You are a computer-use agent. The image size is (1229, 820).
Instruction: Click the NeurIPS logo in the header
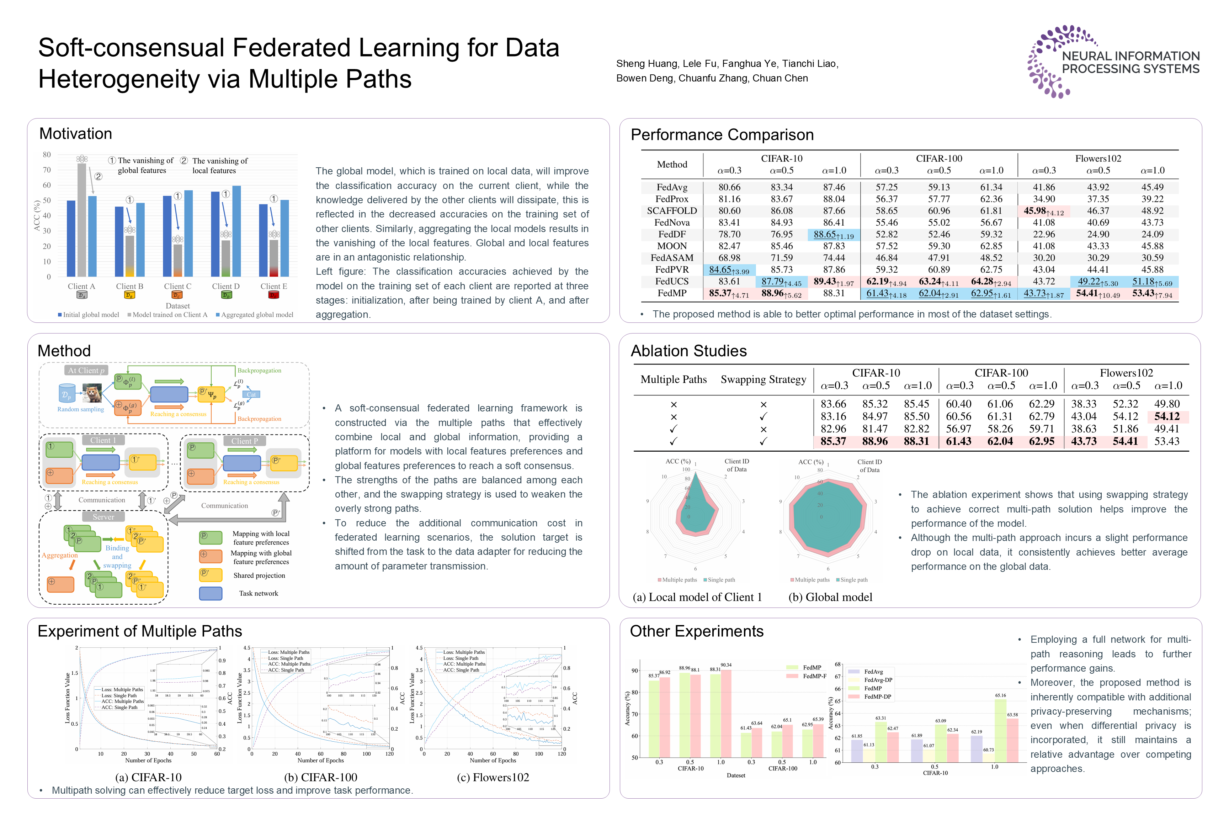pyautogui.click(x=1113, y=62)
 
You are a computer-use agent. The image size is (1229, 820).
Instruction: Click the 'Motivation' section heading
pyautogui.click(x=76, y=134)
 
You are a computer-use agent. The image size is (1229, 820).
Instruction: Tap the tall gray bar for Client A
pyautogui.click(x=81, y=220)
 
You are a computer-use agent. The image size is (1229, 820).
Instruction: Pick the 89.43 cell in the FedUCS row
pyautogui.click(x=834, y=282)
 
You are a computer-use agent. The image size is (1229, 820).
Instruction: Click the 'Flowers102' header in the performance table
pyautogui.click(x=1098, y=158)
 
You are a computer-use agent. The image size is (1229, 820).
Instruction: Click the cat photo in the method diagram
pyautogui.click(x=92, y=393)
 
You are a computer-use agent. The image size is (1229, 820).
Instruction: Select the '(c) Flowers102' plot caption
pyautogui.click(x=493, y=778)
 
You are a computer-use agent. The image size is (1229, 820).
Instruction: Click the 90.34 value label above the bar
pyautogui.click(x=726, y=665)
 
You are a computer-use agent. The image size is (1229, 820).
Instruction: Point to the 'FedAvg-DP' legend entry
pyautogui.click(x=878, y=680)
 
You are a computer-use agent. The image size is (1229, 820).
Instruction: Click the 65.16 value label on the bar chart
pyautogui.click(x=1000, y=695)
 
